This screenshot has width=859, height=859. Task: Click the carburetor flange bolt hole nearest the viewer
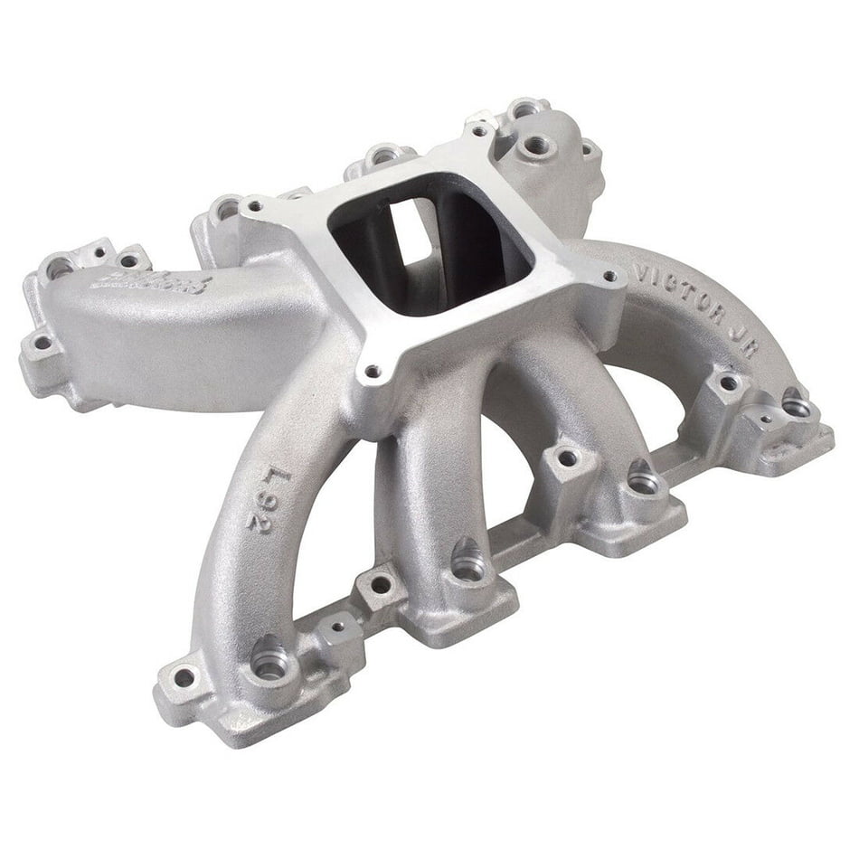372,370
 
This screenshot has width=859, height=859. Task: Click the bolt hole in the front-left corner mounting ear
184,676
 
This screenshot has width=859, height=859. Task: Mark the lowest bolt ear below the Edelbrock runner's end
42,344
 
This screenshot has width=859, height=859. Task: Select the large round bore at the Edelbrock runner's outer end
60,268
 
